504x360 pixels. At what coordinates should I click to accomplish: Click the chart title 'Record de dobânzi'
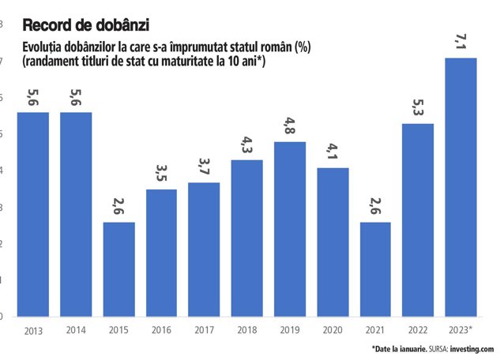(86, 25)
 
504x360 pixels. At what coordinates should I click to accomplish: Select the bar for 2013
(33, 215)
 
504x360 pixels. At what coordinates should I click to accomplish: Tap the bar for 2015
(119, 269)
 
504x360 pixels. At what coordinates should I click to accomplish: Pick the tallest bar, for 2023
(461, 187)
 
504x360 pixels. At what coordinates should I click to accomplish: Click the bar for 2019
(290, 229)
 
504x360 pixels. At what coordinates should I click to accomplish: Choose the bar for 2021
(375, 269)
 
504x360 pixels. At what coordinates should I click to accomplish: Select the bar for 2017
(204, 249)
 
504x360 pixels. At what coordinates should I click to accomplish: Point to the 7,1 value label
(461, 42)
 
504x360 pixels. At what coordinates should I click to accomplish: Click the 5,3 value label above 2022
(418, 107)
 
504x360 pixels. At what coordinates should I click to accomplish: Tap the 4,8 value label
(290, 126)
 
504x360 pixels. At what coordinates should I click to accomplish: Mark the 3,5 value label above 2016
(161, 173)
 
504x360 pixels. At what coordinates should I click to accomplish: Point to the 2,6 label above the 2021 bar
(375, 206)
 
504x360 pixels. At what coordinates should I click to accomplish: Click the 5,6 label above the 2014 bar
(76, 97)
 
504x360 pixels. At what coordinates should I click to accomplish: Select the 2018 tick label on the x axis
(246, 330)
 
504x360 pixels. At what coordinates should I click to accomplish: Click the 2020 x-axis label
(333, 330)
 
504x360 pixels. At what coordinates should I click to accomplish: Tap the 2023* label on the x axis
(461, 330)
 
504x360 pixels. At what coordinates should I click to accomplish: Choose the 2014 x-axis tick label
(76, 330)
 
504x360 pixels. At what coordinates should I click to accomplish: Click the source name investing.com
(472, 349)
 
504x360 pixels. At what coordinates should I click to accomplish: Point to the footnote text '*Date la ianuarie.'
(400, 349)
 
